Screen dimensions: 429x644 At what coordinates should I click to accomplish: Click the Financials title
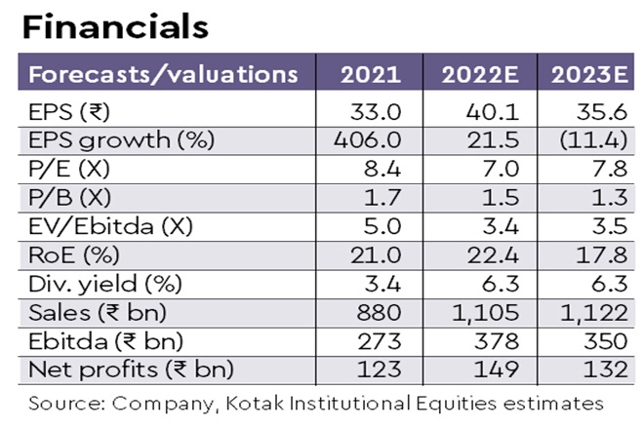click(115, 26)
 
